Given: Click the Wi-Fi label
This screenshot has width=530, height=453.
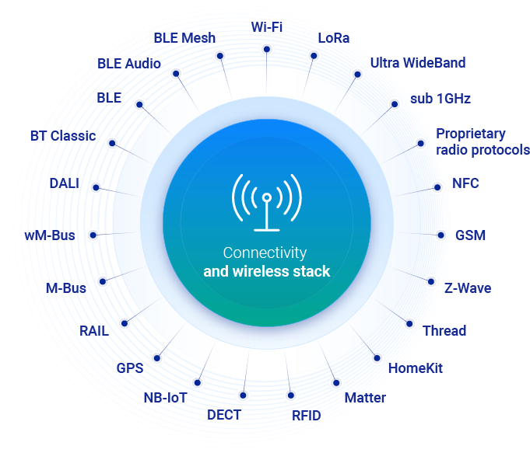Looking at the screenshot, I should click(x=267, y=27).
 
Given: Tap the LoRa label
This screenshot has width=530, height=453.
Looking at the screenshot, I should click(x=334, y=38).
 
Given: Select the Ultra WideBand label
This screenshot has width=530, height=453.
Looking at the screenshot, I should click(x=417, y=63).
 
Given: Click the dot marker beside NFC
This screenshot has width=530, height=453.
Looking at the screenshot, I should click(x=437, y=186).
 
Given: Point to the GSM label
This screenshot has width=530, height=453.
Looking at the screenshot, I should click(x=470, y=235).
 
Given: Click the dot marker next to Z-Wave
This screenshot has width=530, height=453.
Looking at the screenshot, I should click(x=430, y=281).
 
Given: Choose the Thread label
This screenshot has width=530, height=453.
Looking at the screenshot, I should click(x=444, y=331).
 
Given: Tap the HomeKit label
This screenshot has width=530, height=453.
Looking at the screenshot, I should click(x=415, y=368).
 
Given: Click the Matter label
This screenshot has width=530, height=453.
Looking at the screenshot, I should click(x=364, y=399).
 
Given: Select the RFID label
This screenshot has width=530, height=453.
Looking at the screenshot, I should click(x=306, y=416).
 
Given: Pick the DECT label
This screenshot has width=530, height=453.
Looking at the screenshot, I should click(x=224, y=415).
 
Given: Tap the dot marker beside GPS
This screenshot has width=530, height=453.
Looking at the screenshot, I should click(x=158, y=358).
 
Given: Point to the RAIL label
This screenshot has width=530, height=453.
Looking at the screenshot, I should click(x=94, y=331).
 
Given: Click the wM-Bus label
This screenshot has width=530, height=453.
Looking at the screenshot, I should click(x=50, y=235).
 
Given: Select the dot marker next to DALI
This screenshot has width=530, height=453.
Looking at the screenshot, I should click(x=97, y=187).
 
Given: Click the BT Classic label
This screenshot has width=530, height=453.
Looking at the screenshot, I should click(x=63, y=136).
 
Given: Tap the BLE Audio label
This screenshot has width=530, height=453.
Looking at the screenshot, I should click(x=129, y=64).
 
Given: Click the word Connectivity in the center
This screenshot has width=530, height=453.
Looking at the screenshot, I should click(x=265, y=253).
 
